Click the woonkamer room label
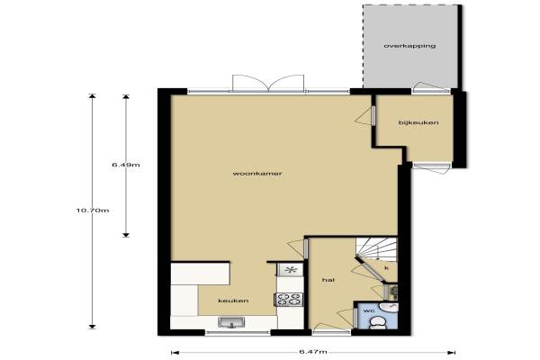pyautogui.click(x=257, y=174)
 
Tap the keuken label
pyautogui.click(x=233, y=301)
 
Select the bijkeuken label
pyautogui.click(x=418, y=122)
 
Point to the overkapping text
pyautogui.click(x=409, y=46)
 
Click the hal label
pyautogui.click(x=328, y=280)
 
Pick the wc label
pyautogui.click(x=369, y=310)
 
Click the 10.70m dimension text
pyautogui.click(x=93, y=210)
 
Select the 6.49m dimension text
pyautogui.click(x=126, y=165)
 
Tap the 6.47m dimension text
pyautogui.click(x=312, y=352)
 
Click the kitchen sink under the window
pyautogui.click(x=231, y=322)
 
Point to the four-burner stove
pyautogui.click(x=289, y=300)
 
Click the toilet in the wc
pyautogui.click(x=377, y=323)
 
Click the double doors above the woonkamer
pyautogui.click(x=268, y=84)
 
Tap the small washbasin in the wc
pyautogui.click(x=389, y=307)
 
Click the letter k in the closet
pyautogui.click(x=386, y=268)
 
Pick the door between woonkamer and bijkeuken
pyautogui.click(x=365, y=116)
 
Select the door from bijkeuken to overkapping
pyautogui.click(x=431, y=88)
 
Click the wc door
pyautogui.click(x=346, y=318)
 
